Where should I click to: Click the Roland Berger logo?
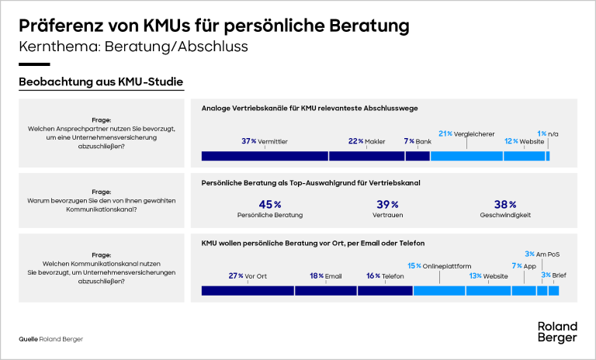[557, 332]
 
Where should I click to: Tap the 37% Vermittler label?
[264, 141]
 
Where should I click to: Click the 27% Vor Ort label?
[248, 275]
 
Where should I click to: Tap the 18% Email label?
[325, 275]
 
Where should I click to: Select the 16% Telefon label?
[384, 275]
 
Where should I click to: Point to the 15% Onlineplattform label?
[439, 265]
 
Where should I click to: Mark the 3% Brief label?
[553, 275]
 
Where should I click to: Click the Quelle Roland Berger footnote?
[50, 339]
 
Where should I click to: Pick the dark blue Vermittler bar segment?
[265, 156]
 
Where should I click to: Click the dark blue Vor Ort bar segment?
[248, 291]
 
